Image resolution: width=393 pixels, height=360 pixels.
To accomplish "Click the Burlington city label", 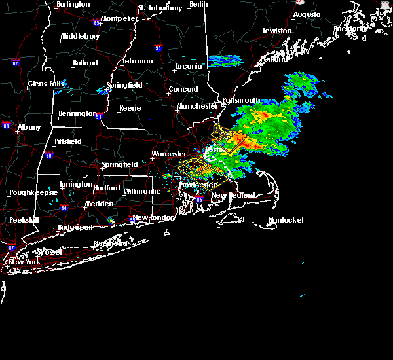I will coord(73,5).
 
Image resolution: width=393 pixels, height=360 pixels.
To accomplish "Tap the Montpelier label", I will coord(119,18).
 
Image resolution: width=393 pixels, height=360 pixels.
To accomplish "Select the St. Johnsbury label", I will coord(160,9).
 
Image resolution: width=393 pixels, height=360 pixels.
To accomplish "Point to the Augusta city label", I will coord(307,14).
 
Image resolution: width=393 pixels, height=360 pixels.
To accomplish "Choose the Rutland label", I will coord(85,63).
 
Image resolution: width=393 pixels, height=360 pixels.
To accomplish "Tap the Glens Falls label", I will coord(47,84).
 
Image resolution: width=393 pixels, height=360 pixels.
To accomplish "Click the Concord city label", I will coord(183,90).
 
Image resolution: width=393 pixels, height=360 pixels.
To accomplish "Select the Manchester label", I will coord(197,106).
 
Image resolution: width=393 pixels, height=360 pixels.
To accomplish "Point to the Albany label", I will coord(29,128).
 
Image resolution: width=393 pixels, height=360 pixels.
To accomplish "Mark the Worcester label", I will coord(169,154).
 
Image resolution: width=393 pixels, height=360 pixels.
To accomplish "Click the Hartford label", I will coord(107,189).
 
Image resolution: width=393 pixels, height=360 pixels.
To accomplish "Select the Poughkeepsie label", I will coord(33,193).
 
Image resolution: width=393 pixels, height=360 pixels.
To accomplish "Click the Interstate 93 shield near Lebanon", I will coord(158,48).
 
